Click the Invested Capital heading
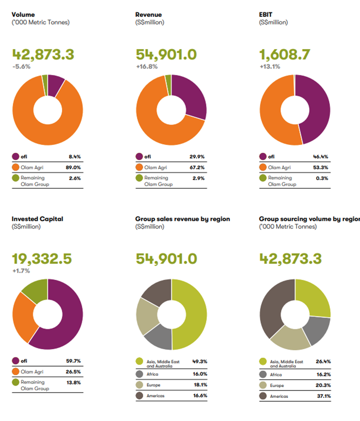point(37,219)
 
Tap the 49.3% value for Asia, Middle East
point(200,361)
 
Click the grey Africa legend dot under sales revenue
point(139,373)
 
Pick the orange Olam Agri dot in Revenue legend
point(139,168)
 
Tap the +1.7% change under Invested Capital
point(20,270)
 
